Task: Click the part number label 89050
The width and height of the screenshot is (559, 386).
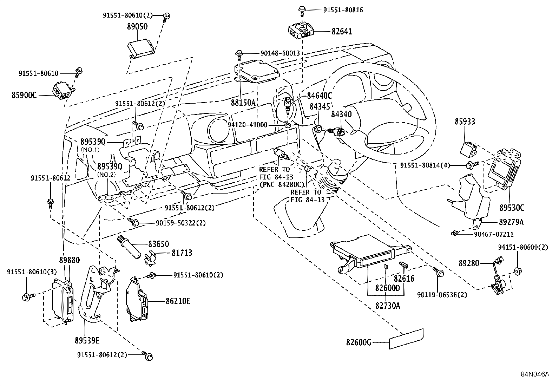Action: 137,27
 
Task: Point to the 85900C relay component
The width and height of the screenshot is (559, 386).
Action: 63,90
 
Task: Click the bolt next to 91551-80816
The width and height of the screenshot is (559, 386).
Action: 302,11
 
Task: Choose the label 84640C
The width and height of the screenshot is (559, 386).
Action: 319,96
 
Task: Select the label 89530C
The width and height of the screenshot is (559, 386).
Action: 512,208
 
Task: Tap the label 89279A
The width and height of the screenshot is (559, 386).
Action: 511,222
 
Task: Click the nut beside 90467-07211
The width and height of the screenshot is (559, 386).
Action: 455,233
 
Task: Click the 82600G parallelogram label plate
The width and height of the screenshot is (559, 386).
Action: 406,339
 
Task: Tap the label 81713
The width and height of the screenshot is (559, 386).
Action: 182,253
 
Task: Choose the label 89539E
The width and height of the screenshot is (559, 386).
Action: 87,340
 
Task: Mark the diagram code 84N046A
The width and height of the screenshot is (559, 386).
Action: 534,374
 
